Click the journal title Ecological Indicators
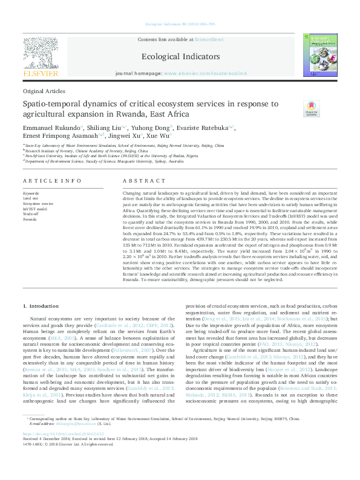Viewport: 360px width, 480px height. point(180,56)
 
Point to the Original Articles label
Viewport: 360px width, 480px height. point(44,91)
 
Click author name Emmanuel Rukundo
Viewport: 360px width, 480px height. point(50,128)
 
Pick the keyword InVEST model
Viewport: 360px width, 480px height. point(35,208)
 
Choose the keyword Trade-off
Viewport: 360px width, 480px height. point(31,213)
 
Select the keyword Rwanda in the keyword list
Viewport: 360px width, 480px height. point(30,219)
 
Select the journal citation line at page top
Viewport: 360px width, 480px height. point(180,24)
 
